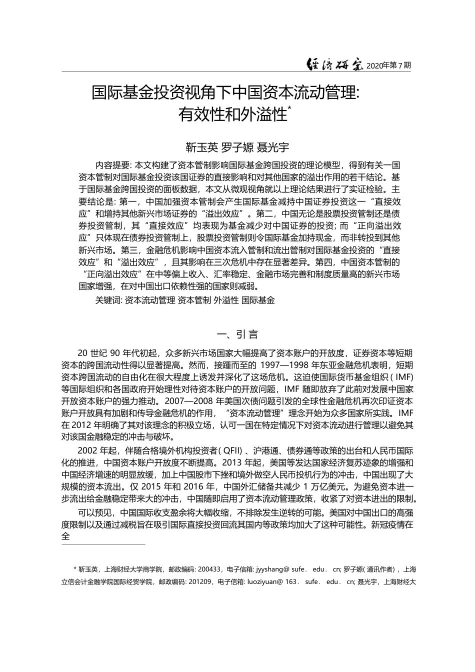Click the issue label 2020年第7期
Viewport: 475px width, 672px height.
(x=389, y=65)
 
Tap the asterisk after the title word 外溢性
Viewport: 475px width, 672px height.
(x=290, y=108)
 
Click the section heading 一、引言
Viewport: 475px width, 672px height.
(x=236, y=334)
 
